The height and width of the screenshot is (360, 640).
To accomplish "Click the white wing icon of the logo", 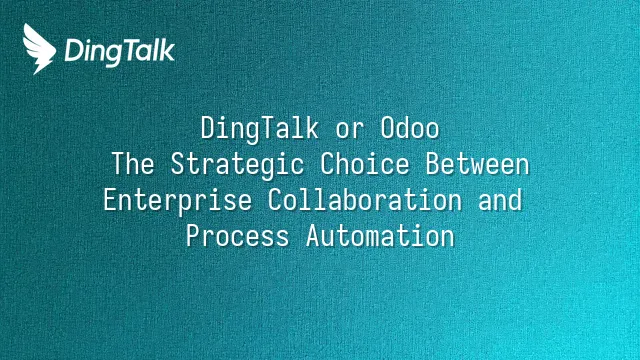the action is [x=39, y=49].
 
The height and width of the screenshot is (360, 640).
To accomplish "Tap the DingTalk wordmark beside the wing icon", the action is [x=120, y=52].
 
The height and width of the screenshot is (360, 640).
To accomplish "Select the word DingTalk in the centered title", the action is [x=260, y=129].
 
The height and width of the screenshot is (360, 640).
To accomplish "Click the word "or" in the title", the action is [x=349, y=130].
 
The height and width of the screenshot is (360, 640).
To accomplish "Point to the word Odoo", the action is [x=410, y=128].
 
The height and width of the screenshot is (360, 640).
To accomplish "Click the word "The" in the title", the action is [x=133, y=164].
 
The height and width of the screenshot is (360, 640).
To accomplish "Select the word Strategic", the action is [x=238, y=165].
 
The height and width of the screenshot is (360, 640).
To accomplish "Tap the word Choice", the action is [x=365, y=164].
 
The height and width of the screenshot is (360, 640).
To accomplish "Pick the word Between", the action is [x=477, y=164].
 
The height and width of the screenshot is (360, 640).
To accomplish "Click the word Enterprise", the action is [x=178, y=201].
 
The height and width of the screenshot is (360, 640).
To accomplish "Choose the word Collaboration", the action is [x=365, y=200].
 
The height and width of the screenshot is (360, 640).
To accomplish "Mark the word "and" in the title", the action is [x=500, y=200].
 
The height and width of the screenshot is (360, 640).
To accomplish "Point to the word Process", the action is [x=238, y=236].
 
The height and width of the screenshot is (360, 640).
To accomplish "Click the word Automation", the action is [x=380, y=236].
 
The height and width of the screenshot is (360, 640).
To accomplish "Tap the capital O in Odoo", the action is [x=388, y=128].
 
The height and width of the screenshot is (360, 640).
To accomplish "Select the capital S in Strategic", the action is [x=178, y=164].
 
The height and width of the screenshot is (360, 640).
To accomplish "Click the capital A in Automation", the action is [x=313, y=236].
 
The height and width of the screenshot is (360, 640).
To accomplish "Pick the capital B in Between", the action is [x=433, y=164].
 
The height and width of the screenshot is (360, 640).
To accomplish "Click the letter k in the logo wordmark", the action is [x=167, y=50].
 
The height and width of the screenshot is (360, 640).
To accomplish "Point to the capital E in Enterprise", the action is [x=110, y=200].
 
